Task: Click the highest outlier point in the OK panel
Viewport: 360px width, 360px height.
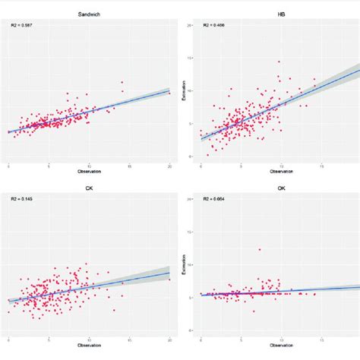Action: (260, 249)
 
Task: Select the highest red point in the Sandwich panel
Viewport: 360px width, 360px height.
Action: (122, 82)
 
